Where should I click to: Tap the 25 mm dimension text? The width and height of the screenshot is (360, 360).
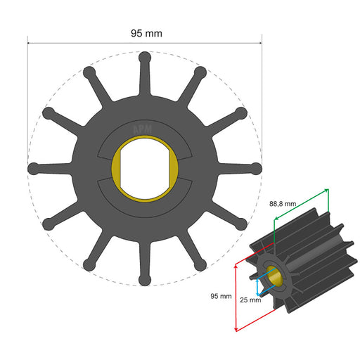coord(250,300)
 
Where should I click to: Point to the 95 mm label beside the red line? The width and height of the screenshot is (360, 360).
coord(221,296)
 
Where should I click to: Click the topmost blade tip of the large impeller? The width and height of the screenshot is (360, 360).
coord(144,56)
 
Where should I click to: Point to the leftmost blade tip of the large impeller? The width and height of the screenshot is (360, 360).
coord(32,169)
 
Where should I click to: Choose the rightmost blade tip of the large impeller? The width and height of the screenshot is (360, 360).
coord(257,169)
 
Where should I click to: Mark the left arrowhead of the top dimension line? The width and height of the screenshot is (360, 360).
coord(30,42)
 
